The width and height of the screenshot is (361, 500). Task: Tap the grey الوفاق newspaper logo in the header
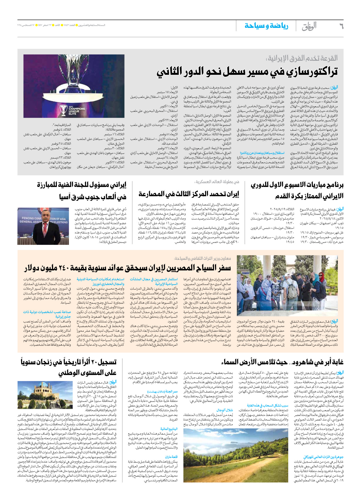(309, 26)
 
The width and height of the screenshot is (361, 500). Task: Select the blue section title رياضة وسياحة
(266, 26)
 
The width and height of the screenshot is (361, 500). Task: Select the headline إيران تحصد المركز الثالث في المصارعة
(188, 194)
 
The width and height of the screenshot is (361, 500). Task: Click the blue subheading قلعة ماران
(171, 457)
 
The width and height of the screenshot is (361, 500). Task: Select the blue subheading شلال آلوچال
(225, 410)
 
